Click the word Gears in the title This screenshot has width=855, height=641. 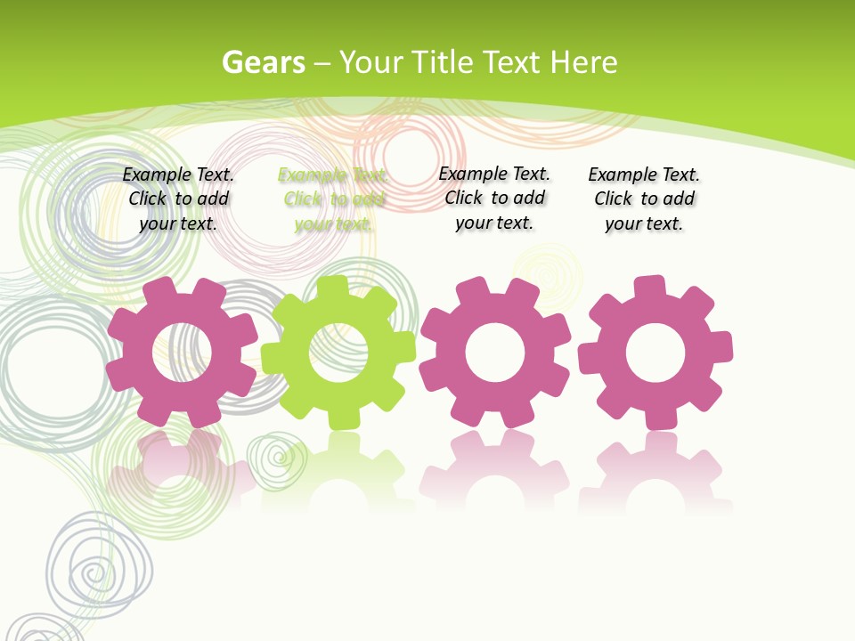click(263, 62)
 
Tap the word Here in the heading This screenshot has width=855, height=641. click(583, 62)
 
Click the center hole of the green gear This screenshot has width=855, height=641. click(338, 353)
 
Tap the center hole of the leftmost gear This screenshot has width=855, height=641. click(182, 352)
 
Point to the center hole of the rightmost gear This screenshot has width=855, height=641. click(655, 353)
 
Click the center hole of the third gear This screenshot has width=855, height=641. click(494, 353)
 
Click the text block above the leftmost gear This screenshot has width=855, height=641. click(178, 199)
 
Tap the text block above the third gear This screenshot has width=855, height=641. click(494, 199)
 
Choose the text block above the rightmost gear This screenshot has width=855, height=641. click(644, 199)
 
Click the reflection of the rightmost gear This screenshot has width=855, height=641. click(655, 472)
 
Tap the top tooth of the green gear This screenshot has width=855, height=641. click(333, 288)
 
